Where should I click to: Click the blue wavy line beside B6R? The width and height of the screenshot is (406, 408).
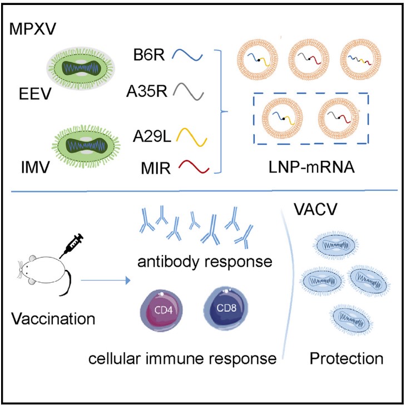[187, 55]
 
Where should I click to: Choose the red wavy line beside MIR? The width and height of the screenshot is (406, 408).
[191, 166]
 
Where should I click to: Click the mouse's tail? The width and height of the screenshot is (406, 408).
[69, 283]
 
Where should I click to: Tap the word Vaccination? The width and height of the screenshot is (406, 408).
[53, 321]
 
